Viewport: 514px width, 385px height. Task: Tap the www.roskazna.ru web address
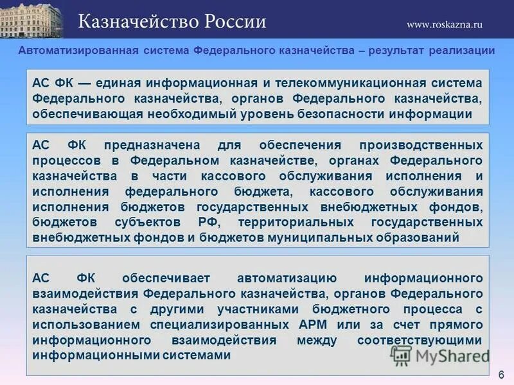(444, 24)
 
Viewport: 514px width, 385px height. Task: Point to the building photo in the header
(31, 19)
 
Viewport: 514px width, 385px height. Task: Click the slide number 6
(501, 374)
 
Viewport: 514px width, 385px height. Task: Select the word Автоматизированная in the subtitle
(78, 51)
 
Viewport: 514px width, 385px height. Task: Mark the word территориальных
(295, 221)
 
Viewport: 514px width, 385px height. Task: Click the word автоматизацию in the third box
(287, 278)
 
